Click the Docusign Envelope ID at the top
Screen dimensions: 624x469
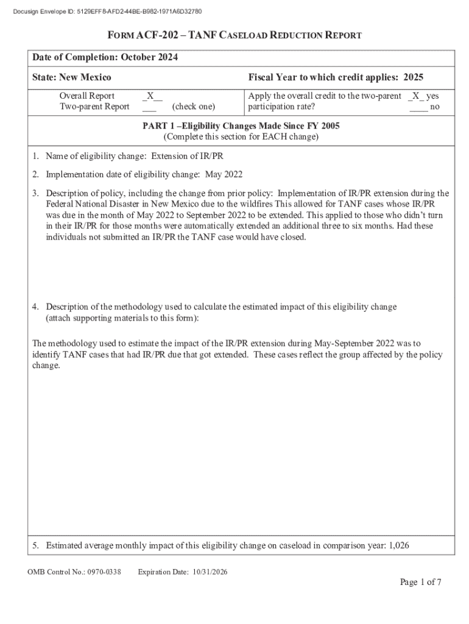click(x=102, y=12)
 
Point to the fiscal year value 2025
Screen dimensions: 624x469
click(x=411, y=77)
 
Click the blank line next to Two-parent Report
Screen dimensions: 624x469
click(x=149, y=107)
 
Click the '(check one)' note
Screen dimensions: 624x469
click(x=193, y=107)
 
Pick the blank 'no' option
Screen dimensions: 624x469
click(x=418, y=107)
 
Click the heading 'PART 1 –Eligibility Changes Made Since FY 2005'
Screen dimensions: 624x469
click(x=241, y=126)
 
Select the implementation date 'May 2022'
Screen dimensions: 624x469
click(x=224, y=174)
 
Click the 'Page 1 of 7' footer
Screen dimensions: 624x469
click(x=420, y=583)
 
